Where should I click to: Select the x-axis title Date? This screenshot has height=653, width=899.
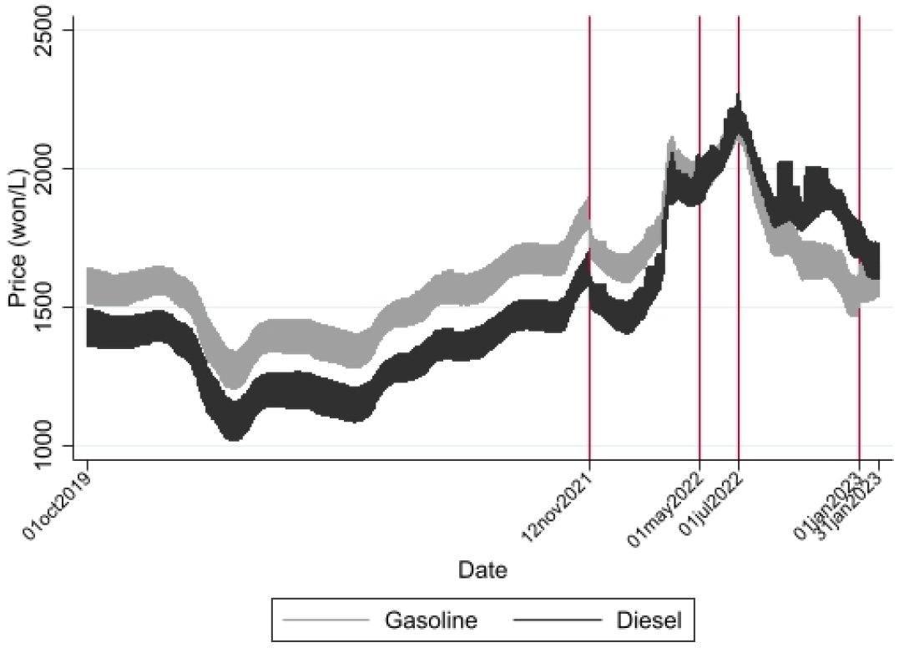(483, 570)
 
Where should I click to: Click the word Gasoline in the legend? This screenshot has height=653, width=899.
(431, 620)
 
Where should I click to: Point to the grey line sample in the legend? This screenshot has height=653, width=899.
(326, 620)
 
